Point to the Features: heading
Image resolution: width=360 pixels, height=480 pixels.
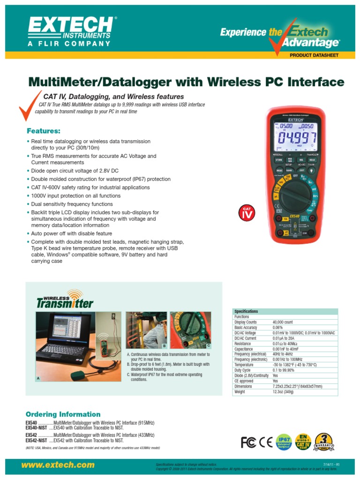point(44,130)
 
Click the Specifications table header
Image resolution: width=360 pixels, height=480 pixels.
point(246,311)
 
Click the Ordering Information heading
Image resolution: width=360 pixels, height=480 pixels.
point(63,414)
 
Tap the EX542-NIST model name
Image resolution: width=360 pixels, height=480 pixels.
point(36,441)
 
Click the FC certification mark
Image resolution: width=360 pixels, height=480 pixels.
point(249,442)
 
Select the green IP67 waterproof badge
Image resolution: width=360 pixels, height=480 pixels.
point(284,442)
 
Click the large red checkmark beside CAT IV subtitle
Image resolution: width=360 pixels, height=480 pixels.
point(28,106)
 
